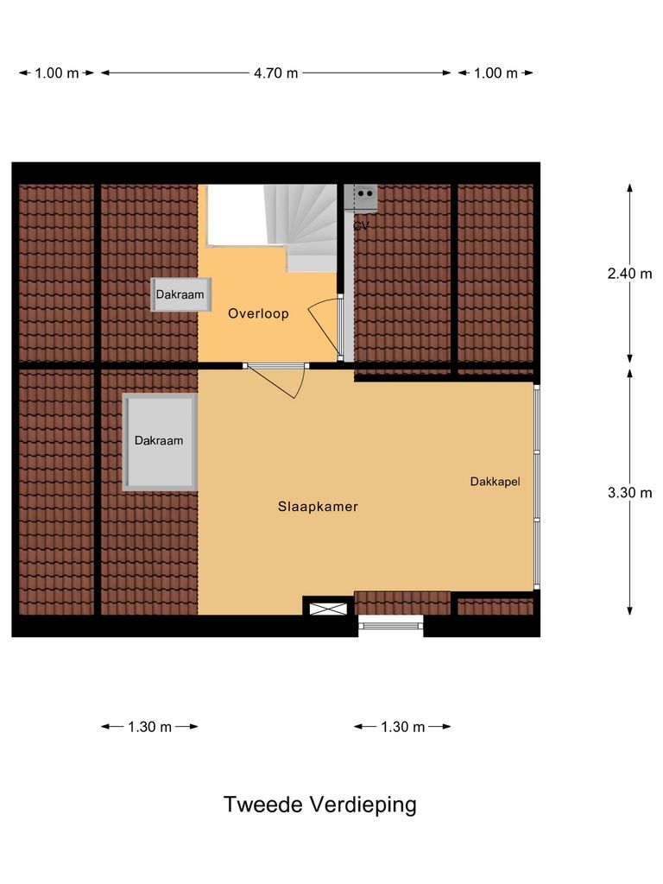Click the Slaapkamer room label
coord(318,507)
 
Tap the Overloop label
coord(258,314)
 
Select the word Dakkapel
coord(495,482)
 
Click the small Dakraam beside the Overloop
coord(180,294)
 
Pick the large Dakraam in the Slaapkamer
coord(159,441)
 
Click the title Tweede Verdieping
coord(319,805)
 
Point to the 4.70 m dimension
coord(275,73)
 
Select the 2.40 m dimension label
coord(629,274)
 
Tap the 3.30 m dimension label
coord(629,493)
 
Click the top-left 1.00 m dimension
coord(57,73)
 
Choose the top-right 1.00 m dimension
coord(496,73)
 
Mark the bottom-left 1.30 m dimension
coord(149,727)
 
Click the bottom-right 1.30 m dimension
coord(402,727)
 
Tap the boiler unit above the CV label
coord(361,198)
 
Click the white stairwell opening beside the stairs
coord(234,215)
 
